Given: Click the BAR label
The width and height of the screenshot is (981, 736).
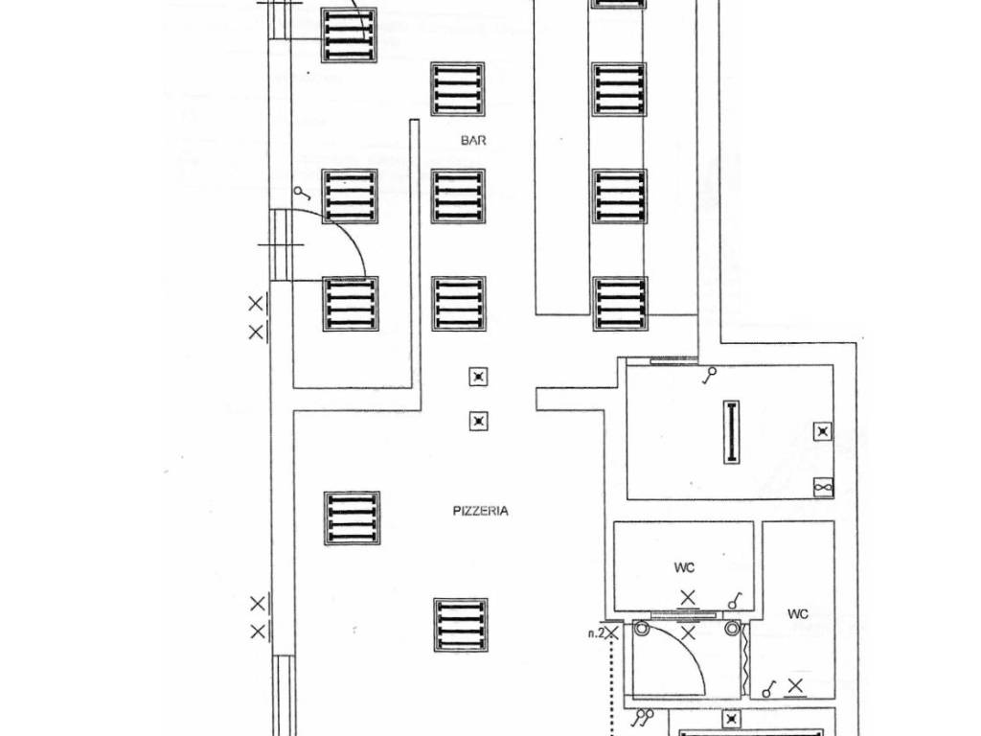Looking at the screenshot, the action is [x=473, y=140].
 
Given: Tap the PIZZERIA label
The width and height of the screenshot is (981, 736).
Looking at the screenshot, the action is [x=481, y=511].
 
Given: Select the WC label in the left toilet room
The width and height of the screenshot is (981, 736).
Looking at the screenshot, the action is [x=684, y=567].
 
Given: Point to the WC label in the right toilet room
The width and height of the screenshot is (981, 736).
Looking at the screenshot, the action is [x=798, y=614].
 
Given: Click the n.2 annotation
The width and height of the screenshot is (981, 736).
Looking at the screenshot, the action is [x=596, y=633].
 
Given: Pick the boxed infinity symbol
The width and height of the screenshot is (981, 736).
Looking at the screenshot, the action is [x=823, y=488].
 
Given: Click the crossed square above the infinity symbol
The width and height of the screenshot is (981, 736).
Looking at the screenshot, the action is [x=823, y=432].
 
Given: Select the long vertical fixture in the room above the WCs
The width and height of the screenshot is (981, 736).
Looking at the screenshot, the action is [x=731, y=432].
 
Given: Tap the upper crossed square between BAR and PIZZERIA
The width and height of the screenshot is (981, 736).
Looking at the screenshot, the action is [x=479, y=377].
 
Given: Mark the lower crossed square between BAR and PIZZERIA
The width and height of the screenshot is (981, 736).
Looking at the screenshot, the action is [x=479, y=422].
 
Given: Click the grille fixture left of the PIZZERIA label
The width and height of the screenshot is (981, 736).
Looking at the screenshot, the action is [x=352, y=518].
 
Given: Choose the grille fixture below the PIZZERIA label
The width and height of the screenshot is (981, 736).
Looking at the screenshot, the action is [x=461, y=625].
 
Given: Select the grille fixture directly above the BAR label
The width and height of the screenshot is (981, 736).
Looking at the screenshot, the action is [x=458, y=89].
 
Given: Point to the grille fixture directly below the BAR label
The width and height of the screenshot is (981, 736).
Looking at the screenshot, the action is [x=458, y=196].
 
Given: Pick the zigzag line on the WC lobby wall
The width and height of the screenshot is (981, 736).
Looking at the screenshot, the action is [x=745, y=659].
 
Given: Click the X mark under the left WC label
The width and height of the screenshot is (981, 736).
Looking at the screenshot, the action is [x=688, y=598].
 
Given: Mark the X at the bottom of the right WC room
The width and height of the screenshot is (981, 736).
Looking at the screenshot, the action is [x=795, y=686].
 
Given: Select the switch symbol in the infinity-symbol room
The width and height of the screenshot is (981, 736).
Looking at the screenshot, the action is [x=709, y=376].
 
